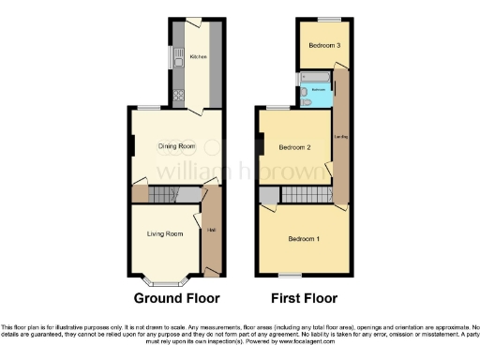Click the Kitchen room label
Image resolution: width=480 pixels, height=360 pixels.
[x=198, y=57]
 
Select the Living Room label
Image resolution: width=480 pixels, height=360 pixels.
[x=163, y=233]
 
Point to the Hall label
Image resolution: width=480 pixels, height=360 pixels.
[x=211, y=230]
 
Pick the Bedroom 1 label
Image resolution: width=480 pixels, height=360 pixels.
[x=305, y=238]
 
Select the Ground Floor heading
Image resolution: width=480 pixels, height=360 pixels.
[x=177, y=299]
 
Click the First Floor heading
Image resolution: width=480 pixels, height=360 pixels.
[x=304, y=299]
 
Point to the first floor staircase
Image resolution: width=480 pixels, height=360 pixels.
[x=270, y=195]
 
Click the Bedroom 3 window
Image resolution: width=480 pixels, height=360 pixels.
[x=327, y=20]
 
